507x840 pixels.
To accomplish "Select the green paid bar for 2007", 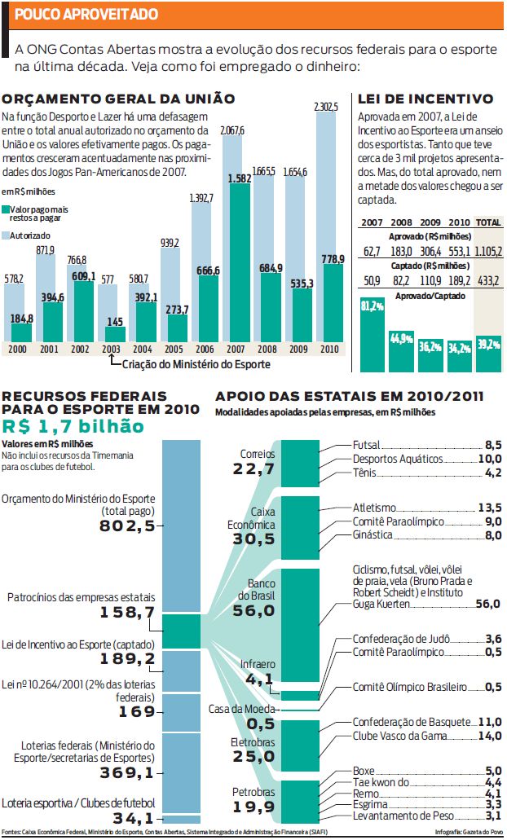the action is [240, 262].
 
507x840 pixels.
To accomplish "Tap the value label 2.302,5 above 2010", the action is [326, 107].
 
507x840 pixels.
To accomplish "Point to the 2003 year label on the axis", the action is [111, 350].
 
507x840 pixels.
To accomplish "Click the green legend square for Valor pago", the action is [6, 210].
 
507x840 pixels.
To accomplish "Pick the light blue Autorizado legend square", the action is [6, 235].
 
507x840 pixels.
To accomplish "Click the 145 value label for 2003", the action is [115, 322].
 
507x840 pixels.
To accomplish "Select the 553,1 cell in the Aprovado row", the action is [459, 251].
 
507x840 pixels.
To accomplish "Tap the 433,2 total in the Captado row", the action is [488, 280].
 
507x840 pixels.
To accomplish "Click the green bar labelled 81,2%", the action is [372, 335].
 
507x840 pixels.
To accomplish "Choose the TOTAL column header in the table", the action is [488, 222].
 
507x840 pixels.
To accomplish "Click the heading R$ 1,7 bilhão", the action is [73, 426].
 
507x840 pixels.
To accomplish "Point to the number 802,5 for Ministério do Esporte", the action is [127, 526].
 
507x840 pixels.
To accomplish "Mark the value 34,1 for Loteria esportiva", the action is [134, 818].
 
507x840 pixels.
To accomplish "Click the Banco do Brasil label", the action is [256, 589].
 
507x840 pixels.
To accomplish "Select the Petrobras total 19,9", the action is [254, 807].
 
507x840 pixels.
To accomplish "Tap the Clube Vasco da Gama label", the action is [399, 736].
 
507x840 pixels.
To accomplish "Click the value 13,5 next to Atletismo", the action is [490, 508].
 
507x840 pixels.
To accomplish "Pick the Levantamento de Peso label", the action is [403, 816].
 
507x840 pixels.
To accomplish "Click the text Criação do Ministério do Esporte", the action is [196, 364].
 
